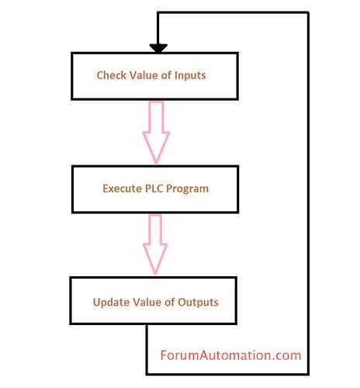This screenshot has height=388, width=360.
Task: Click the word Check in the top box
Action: [x=112, y=75]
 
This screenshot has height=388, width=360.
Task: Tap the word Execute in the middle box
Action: [x=123, y=188]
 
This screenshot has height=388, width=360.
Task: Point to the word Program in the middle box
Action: [x=192, y=188]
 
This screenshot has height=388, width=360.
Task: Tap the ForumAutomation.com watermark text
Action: [x=230, y=355]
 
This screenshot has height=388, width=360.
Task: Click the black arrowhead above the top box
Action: [x=158, y=48]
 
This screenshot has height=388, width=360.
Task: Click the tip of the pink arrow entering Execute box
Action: [x=156, y=160]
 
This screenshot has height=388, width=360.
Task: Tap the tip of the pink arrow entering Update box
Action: [x=156, y=272]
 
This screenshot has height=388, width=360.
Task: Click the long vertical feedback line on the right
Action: [x=308, y=194]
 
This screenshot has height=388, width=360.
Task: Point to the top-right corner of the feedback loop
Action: [x=308, y=13]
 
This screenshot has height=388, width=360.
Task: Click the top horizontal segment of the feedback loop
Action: [x=233, y=13]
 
